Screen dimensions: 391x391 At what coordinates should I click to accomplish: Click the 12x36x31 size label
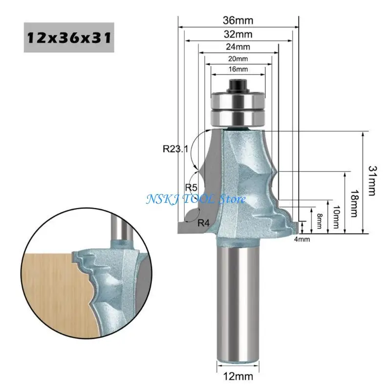[69, 38]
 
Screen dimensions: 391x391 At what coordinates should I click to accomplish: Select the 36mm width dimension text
[238, 21]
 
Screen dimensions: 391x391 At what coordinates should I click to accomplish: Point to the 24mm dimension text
[238, 47]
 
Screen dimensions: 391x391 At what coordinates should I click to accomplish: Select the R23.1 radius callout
[175, 149]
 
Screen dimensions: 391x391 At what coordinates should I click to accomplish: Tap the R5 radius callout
[191, 188]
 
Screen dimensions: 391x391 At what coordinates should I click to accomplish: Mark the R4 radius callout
[204, 223]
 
